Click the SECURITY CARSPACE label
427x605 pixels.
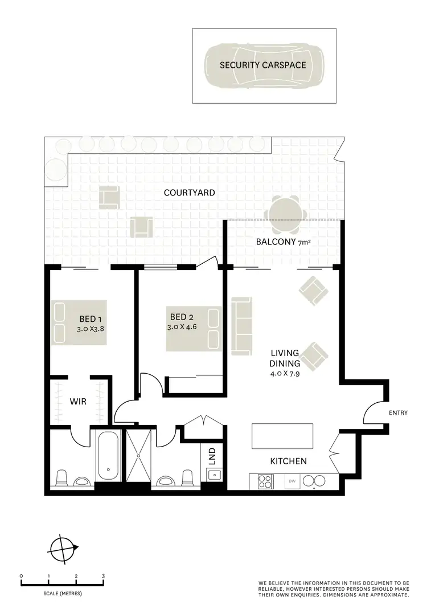[x=263, y=66]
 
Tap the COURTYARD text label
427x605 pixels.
[x=190, y=193]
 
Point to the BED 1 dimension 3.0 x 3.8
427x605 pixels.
[x=92, y=329]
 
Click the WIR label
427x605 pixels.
[x=78, y=402]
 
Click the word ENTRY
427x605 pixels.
[x=398, y=413]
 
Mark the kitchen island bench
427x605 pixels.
[x=282, y=436]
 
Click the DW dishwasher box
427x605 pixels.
[x=293, y=481]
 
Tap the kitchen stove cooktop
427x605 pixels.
[x=265, y=481]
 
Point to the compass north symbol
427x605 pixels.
[x=63, y=550]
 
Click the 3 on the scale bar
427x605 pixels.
[x=103, y=577]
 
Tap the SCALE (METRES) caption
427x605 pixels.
[x=62, y=594]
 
